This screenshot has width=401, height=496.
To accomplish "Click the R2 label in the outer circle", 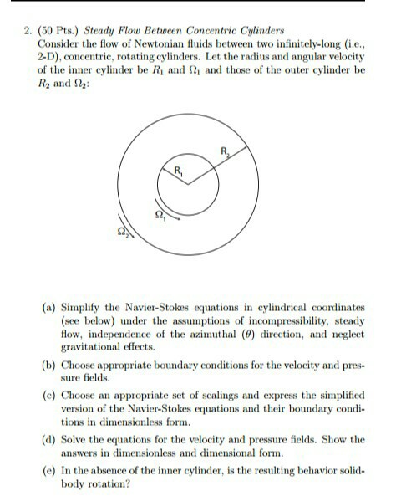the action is click(x=225, y=151).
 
